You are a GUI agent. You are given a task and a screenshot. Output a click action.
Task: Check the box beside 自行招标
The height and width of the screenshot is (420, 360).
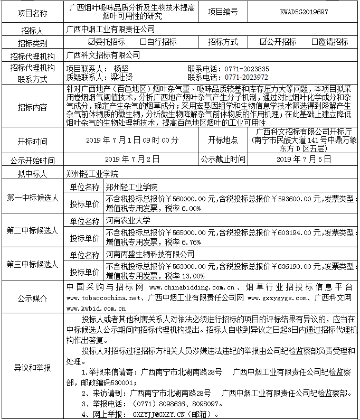(x=143, y=42)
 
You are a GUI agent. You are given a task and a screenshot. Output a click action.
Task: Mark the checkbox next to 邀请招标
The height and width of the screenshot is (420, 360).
(x=315, y=42)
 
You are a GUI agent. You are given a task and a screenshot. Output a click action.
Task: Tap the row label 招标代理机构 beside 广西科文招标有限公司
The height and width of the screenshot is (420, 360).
(x=32, y=55)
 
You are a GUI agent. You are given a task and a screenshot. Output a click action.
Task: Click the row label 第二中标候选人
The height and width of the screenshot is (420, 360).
(x=32, y=230)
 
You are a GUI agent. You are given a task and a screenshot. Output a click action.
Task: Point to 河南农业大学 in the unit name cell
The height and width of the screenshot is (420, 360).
(x=128, y=220)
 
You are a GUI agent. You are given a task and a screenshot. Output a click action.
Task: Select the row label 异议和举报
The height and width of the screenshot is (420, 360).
(x=32, y=367)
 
